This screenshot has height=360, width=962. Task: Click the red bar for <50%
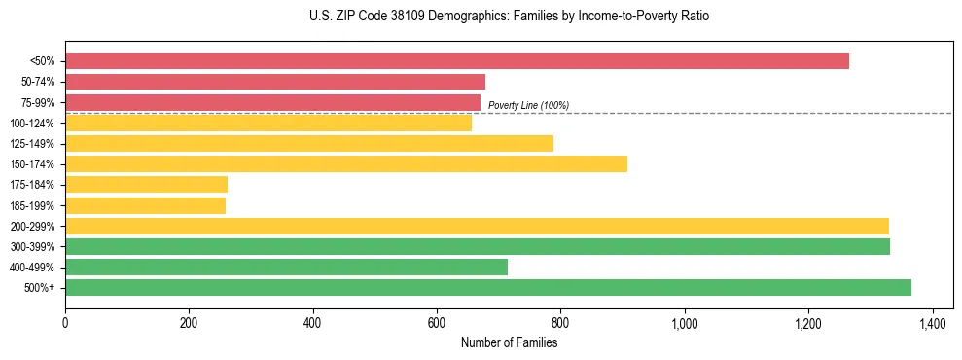(457, 61)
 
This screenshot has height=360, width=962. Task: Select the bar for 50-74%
(275, 82)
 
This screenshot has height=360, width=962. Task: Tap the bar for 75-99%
(272, 102)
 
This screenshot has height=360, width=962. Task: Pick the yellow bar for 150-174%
(346, 163)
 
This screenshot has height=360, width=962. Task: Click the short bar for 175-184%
(146, 185)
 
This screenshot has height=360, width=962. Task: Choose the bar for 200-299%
(477, 226)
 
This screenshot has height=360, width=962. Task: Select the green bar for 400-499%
(286, 267)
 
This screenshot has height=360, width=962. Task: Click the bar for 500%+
(488, 287)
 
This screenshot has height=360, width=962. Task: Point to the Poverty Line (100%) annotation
(528, 105)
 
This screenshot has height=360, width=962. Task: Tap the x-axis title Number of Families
(510, 342)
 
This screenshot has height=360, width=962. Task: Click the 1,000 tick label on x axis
(685, 322)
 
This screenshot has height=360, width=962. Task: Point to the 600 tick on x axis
(437, 322)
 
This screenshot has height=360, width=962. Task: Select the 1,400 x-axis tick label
(933, 322)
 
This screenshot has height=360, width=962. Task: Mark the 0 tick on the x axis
(65, 322)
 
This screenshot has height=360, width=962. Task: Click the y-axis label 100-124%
(32, 124)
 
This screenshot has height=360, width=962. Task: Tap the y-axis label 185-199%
(32, 205)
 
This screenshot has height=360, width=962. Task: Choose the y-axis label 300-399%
(32, 247)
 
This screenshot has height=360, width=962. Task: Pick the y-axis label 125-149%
(32, 144)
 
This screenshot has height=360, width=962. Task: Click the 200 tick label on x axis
(189, 322)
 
